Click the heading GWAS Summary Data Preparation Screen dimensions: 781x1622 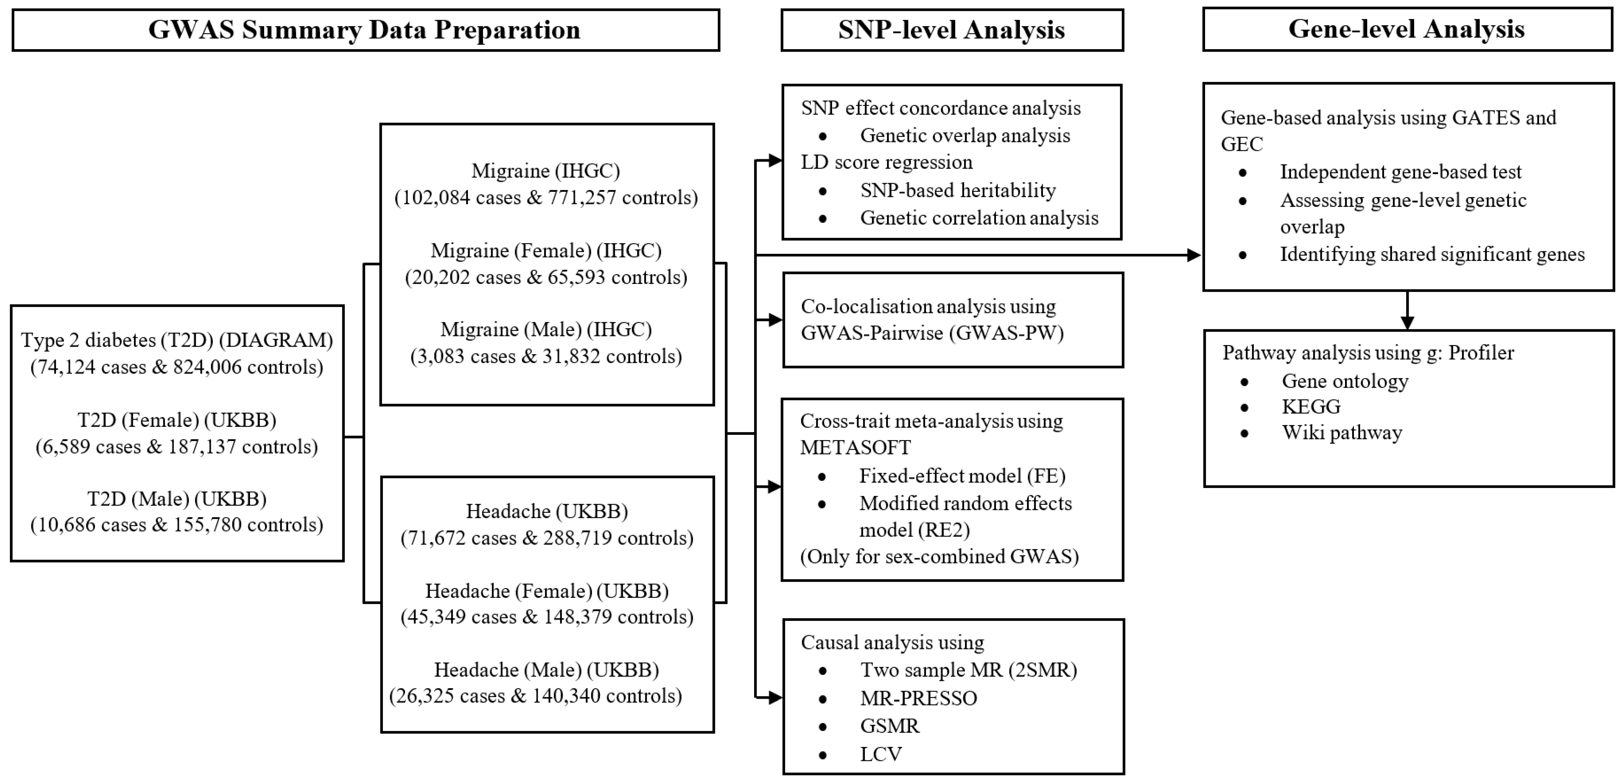364,30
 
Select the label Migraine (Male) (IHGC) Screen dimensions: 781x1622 546,330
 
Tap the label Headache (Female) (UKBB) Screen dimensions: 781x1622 546,591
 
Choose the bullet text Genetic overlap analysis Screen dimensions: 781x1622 965,135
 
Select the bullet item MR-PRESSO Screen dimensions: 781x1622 919,698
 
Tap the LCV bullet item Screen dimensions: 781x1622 881,754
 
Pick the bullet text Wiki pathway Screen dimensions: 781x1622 1342,433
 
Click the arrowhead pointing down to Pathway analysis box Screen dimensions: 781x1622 1407,322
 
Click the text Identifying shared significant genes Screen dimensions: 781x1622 1432,254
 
